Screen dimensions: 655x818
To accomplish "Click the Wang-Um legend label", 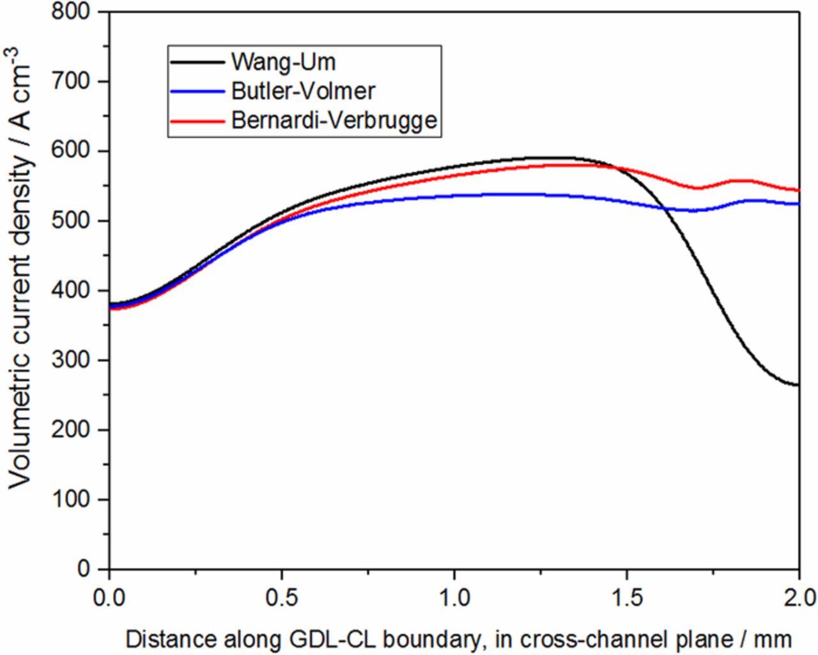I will tap(283, 62).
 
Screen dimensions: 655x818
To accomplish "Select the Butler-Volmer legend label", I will tap(302, 91).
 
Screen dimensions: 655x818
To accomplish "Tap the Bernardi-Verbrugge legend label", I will tap(334, 120).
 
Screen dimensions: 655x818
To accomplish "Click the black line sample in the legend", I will tap(197, 63).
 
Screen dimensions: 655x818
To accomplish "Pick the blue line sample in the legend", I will tap(197, 91).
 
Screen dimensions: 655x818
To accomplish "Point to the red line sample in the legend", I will tap(197, 120).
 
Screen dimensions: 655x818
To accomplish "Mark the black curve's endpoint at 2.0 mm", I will tap(799, 385).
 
